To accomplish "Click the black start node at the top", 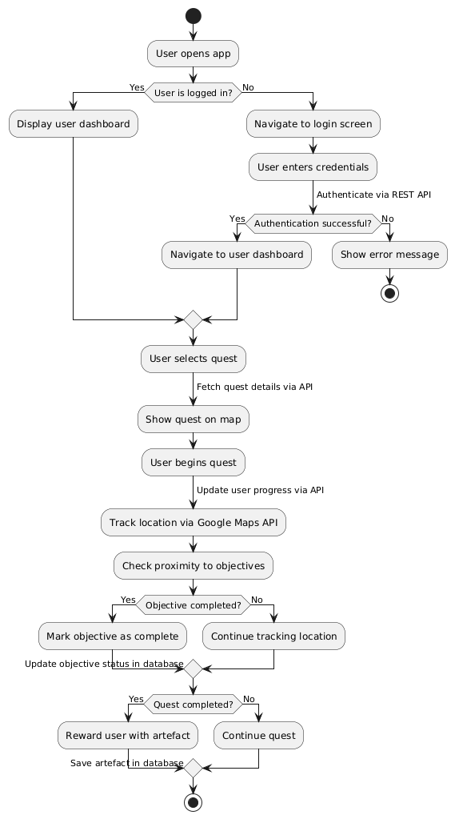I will tap(193, 15).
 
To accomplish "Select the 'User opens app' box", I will tap(193, 54).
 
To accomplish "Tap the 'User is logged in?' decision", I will tap(193, 93).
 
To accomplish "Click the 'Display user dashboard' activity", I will tap(74, 124).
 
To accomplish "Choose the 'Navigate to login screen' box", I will tap(313, 124).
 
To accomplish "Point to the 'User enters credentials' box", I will tap(313, 167).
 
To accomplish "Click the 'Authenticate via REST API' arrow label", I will tap(373, 195).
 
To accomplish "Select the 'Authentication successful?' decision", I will tap(313, 223).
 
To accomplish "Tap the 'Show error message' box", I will tap(389, 255).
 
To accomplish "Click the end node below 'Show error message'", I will tap(389, 292).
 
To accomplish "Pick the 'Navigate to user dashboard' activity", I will tap(237, 255).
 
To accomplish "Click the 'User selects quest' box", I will tap(193, 358).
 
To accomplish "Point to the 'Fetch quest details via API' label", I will tap(254, 387).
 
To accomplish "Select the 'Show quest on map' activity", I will tap(193, 420).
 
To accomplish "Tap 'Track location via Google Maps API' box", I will tap(193, 523).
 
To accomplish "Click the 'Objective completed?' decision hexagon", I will tap(193, 605).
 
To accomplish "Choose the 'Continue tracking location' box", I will tap(274, 636).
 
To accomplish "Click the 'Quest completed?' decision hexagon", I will tap(193, 705).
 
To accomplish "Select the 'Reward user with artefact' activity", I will tap(128, 736).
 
